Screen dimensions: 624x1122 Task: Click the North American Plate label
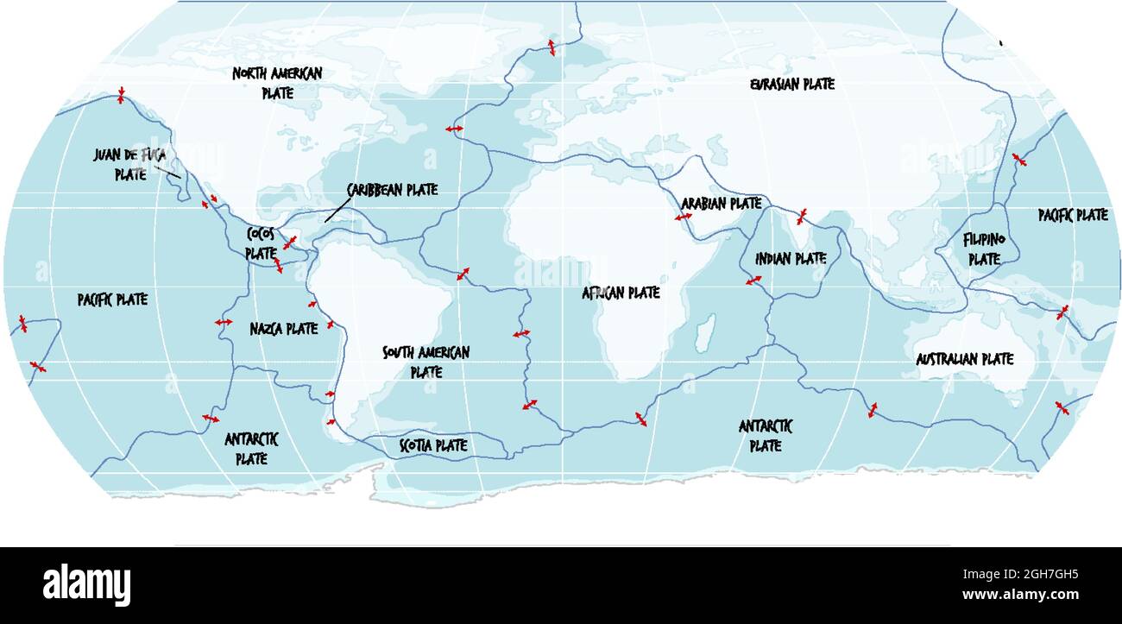coord(277,83)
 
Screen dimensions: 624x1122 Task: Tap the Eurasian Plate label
coord(791,85)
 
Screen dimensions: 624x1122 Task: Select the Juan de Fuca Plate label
coord(130,164)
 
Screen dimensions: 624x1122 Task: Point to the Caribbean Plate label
coord(392,190)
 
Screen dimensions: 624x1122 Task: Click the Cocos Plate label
coord(261,243)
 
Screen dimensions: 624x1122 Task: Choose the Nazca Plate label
coord(284,329)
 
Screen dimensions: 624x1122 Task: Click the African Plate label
coord(621,293)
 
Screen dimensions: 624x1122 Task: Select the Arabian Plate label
coord(722,204)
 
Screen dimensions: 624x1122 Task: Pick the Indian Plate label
coord(791,258)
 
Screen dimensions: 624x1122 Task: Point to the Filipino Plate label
coord(983,249)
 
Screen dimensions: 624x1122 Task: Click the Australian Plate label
coord(964,359)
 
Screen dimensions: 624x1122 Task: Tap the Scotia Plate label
coord(433,445)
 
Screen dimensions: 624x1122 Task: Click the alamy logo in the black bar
coord(87,584)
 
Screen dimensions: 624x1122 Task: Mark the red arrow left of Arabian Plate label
coord(683,217)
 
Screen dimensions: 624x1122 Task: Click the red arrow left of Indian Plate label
coord(753,280)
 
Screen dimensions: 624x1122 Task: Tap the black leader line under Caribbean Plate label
coord(337,210)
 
